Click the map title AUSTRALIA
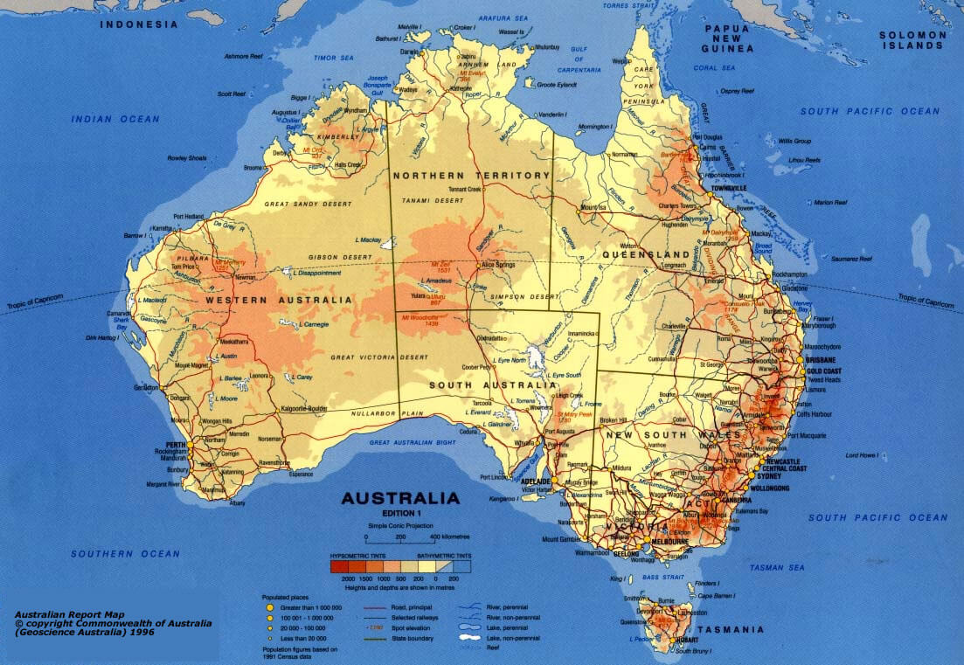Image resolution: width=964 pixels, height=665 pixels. [400, 499]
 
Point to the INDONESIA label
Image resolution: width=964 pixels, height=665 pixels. [139, 24]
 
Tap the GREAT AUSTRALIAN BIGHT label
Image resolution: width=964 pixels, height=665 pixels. [425, 443]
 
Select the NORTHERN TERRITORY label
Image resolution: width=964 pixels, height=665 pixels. [471, 176]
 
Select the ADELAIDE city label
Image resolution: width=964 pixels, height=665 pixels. [534, 481]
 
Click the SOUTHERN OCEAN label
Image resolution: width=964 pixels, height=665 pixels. [125, 553]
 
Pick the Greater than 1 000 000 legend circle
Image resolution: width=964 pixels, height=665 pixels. [271, 606]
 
